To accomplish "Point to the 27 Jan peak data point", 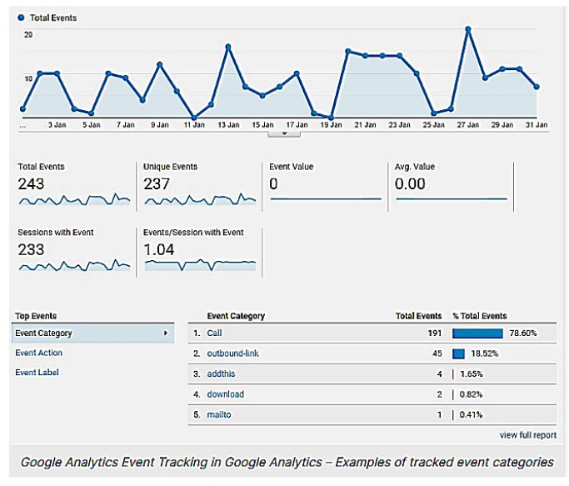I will click(468, 29).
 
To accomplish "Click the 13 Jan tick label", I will click(227, 124).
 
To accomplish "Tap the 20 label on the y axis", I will click(28, 34).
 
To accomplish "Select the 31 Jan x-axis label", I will click(537, 124).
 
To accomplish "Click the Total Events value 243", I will click(31, 183).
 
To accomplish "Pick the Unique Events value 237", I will click(157, 183).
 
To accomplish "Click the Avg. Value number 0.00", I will click(410, 183).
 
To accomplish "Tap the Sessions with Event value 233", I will click(31, 248).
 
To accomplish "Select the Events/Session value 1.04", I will click(158, 248).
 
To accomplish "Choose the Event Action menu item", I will click(38, 353).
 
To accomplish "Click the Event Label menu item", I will click(37, 373).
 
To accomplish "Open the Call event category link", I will click(215, 333).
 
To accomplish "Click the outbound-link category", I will click(233, 353).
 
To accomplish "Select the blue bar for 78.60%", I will click(477, 333).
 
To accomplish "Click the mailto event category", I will click(220, 413).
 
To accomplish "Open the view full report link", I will click(528, 434).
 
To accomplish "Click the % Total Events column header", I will click(479, 316).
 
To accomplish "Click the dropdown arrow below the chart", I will click(284, 132).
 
